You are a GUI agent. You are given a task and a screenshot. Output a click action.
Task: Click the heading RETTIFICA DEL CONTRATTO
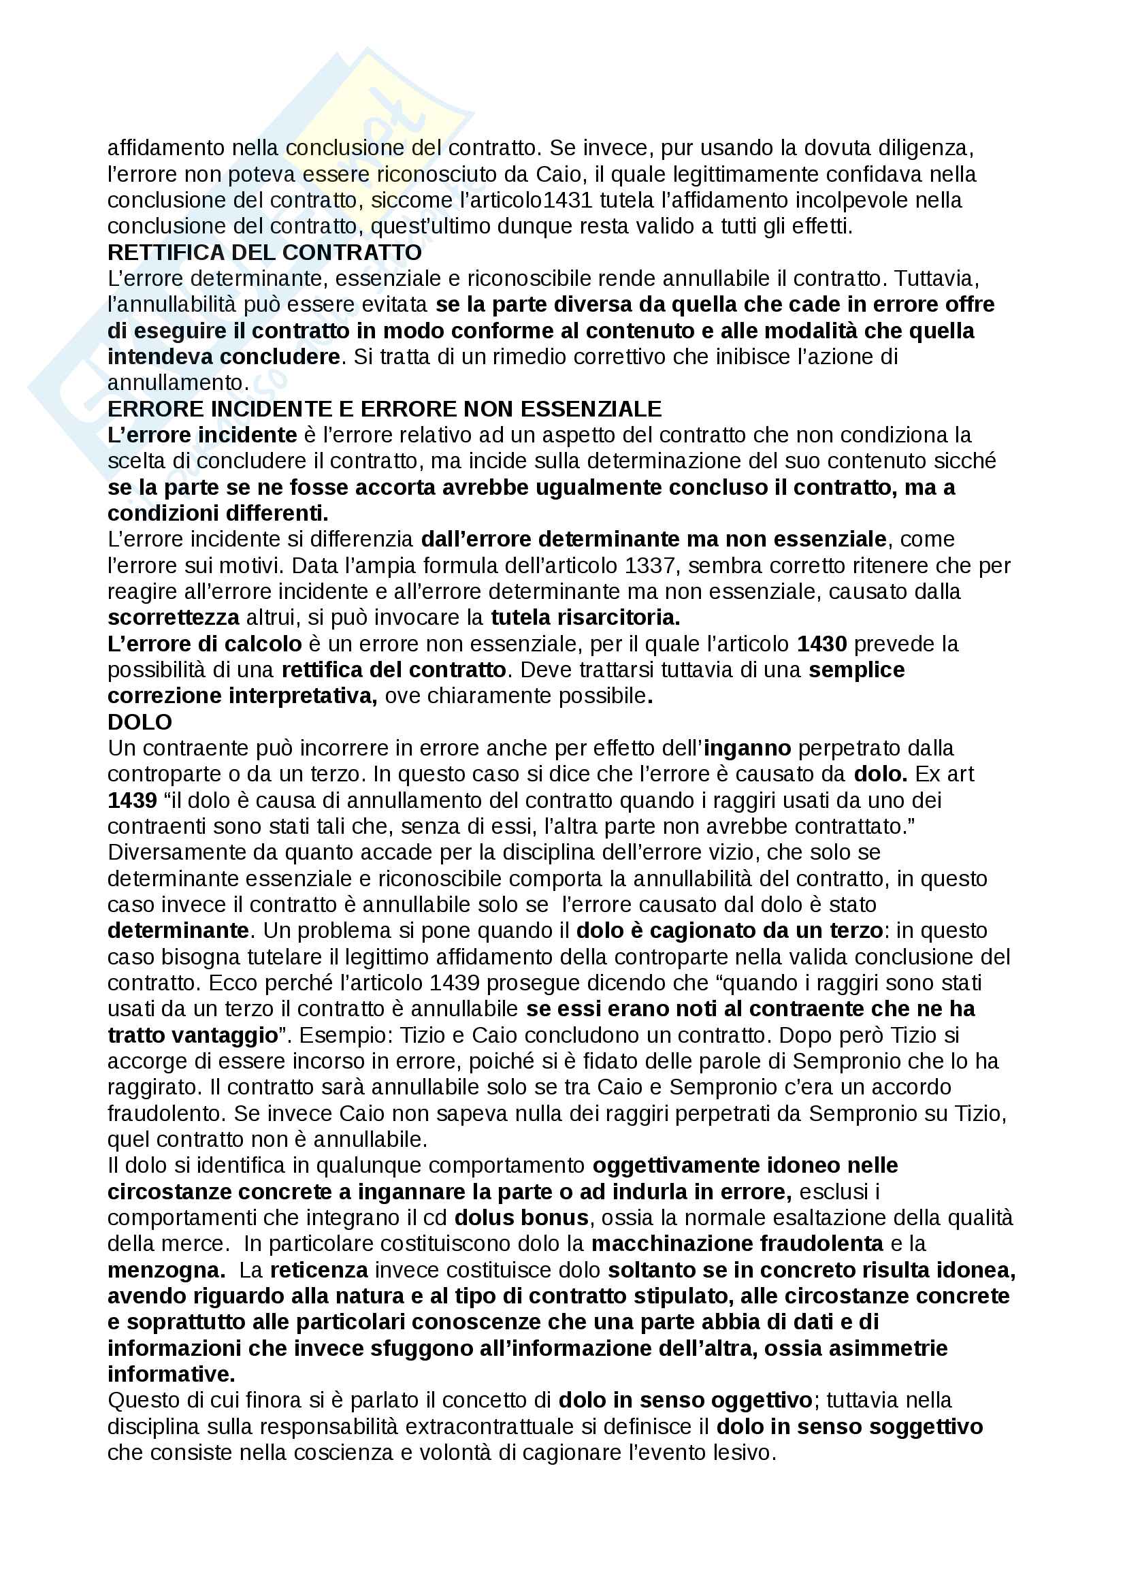tap(264, 253)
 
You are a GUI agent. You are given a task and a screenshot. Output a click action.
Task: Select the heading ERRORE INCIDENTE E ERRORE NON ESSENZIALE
tap(384, 409)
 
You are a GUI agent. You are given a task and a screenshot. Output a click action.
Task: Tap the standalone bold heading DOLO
tap(140, 723)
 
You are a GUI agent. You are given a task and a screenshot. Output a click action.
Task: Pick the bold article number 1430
tap(821, 644)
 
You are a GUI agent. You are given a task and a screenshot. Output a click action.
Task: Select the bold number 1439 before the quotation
tap(133, 801)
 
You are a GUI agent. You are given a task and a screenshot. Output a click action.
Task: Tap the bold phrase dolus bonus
tap(521, 1218)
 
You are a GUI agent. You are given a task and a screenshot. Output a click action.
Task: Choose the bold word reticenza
tap(319, 1271)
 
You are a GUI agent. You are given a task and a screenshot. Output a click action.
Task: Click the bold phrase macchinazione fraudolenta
tap(737, 1245)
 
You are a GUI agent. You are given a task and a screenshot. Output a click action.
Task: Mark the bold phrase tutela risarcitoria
tap(585, 618)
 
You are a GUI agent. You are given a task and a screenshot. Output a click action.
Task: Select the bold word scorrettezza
tap(174, 618)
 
